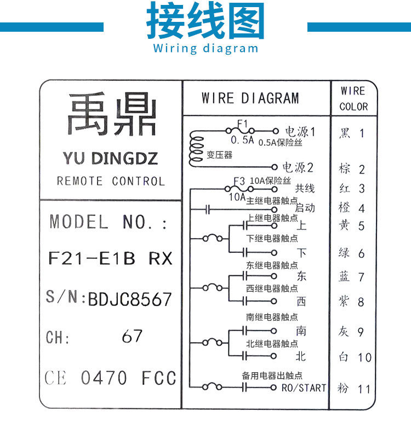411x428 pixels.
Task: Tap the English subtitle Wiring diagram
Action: pyautogui.click(x=206, y=48)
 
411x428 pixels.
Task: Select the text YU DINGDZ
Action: pyautogui.click(x=110, y=159)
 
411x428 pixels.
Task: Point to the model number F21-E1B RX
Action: pyautogui.click(x=110, y=258)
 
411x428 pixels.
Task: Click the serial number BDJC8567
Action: pyautogui.click(x=130, y=299)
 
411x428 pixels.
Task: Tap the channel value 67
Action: pyautogui.click(x=132, y=336)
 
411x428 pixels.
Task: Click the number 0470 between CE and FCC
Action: pyautogui.click(x=104, y=378)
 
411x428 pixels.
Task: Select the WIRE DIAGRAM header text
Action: pyautogui.click(x=250, y=99)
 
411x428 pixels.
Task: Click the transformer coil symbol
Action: pyautogui.click(x=195, y=149)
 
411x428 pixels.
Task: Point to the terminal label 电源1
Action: pyautogui.click(x=300, y=132)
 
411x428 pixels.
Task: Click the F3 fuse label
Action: pyautogui.click(x=239, y=181)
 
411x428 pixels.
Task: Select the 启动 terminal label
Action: pyautogui.click(x=305, y=208)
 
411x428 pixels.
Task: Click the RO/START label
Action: pyautogui.click(x=304, y=388)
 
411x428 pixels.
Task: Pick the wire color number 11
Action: pyautogui.click(x=364, y=389)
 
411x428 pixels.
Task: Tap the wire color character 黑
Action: pyautogui.click(x=344, y=133)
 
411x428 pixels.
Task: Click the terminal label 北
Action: pyautogui.click(x=301, y=356)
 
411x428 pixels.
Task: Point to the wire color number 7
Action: pyautogui.click(x=361, y=277)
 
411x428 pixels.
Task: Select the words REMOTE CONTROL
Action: pyautogui.click(x=110, y=181)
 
